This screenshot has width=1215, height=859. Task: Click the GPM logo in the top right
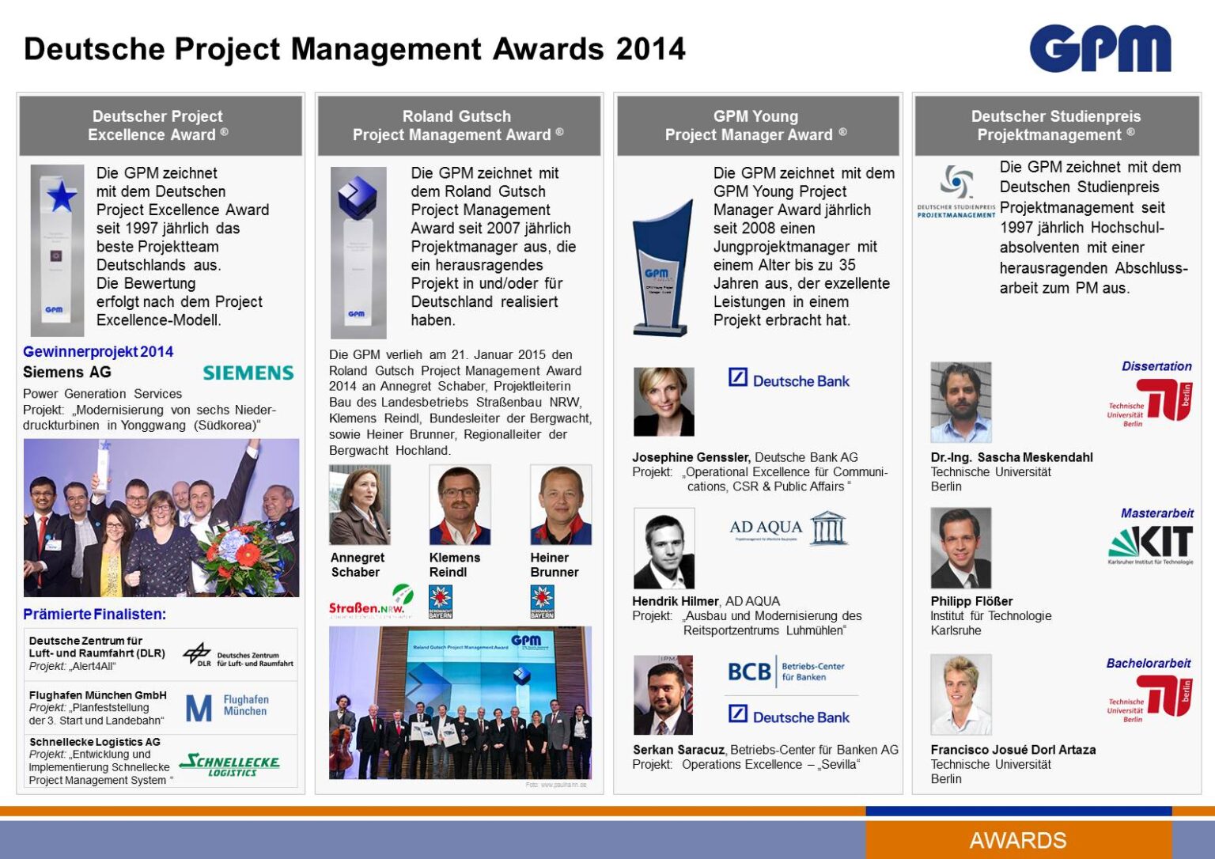1100,48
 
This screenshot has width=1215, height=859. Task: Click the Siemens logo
248,373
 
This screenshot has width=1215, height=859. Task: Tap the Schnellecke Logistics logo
230,764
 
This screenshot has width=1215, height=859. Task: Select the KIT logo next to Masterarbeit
1151,544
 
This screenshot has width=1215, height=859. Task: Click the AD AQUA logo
788,528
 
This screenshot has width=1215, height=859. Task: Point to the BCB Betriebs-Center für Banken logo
785,672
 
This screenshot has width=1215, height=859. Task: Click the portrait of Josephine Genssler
664,402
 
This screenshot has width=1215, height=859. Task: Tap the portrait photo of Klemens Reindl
460,505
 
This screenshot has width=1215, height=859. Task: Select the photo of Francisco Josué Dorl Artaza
960,694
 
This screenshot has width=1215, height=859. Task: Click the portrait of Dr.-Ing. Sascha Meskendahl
960,402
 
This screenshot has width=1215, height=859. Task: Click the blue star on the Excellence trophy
61,196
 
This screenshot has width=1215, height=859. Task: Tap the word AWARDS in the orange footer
1017,840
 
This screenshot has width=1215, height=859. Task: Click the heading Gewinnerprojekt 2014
98,352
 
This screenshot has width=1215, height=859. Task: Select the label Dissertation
1156,366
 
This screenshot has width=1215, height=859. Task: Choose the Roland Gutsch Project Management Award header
458,126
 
